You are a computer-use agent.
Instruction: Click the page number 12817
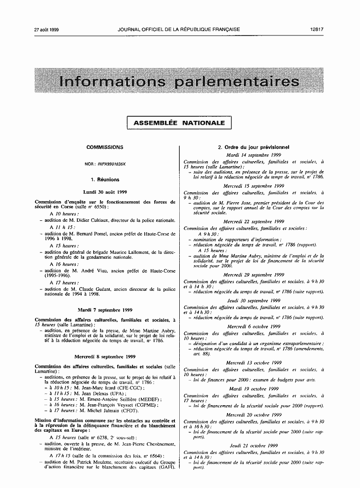317,30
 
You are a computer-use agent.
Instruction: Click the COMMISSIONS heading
105,147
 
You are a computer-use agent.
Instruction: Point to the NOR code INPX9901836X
112,163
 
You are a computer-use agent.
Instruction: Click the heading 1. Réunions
105,179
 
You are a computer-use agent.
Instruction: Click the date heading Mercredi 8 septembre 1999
105,356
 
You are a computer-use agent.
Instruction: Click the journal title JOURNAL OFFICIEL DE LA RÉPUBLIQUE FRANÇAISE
179,30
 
